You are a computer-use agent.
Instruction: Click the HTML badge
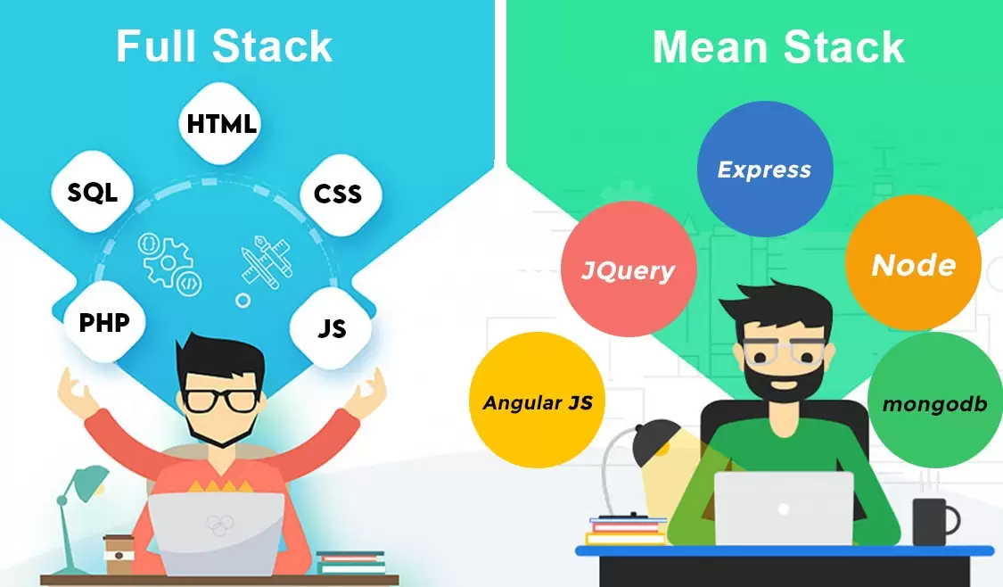222,125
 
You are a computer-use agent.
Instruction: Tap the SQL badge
93,192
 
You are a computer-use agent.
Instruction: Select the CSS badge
338,193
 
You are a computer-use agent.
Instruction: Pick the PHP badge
104,322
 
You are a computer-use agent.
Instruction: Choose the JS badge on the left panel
332,329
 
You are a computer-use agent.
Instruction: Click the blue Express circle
764,169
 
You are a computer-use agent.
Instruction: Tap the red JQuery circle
628,269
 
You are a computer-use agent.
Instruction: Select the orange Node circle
913,264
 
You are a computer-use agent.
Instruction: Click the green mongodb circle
934,403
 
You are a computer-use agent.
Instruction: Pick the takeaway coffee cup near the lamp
118,554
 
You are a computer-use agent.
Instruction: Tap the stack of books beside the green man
626,530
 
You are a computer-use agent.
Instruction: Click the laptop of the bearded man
784,508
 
